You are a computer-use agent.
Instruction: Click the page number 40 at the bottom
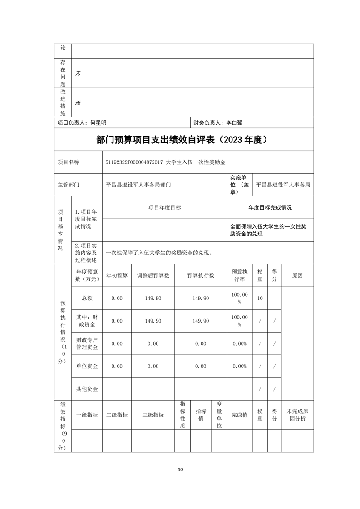pos(180,469)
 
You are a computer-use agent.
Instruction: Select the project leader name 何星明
pos(99,122)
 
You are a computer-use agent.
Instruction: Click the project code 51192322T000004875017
pos(134,162)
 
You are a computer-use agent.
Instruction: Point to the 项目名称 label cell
pos(68,162)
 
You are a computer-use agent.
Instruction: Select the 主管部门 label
pos(68,185)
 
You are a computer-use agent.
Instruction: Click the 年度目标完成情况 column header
pos(270,207)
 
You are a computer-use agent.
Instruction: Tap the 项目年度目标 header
pos(164,207)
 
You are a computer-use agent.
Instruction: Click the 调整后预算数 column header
pos(153,275)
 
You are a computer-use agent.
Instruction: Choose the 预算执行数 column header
pos(201,275)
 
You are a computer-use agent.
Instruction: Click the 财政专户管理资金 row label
pos(87,343)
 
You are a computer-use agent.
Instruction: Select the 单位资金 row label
pos(87,366)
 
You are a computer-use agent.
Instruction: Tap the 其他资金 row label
pos(87,389)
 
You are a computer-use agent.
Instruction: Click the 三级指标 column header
pos(153,415)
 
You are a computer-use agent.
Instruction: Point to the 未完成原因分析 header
pos(297,415)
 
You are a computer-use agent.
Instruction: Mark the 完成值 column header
pos(239,415)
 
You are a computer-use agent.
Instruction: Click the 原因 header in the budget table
pos(297,275)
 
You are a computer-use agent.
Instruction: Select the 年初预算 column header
pos(117,275)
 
